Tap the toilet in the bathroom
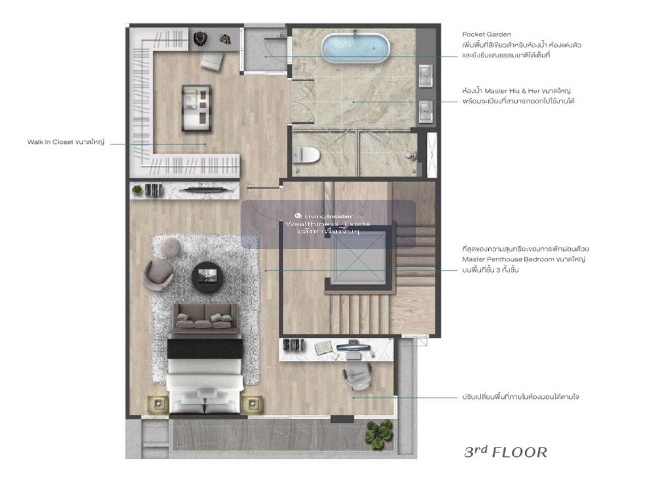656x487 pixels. [306, 154]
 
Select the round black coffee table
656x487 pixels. [208, 277]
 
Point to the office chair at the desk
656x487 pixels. [358, 375]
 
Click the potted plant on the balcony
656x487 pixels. [379, 435]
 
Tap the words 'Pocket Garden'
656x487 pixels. [487, 34]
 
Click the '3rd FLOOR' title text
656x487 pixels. [506, 452]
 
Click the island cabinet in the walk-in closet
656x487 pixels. [196, 108]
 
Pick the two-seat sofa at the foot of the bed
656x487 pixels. [205, 318]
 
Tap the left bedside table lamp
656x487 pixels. [158, 404]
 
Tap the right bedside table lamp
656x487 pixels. [251, 404]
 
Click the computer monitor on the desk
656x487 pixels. [353, 346]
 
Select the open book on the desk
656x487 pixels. [323, 347]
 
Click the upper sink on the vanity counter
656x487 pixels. [426, 76]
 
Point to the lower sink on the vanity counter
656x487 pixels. [426, 112]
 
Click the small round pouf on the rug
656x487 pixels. [172, 247]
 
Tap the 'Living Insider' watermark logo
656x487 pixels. [328, 216]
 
